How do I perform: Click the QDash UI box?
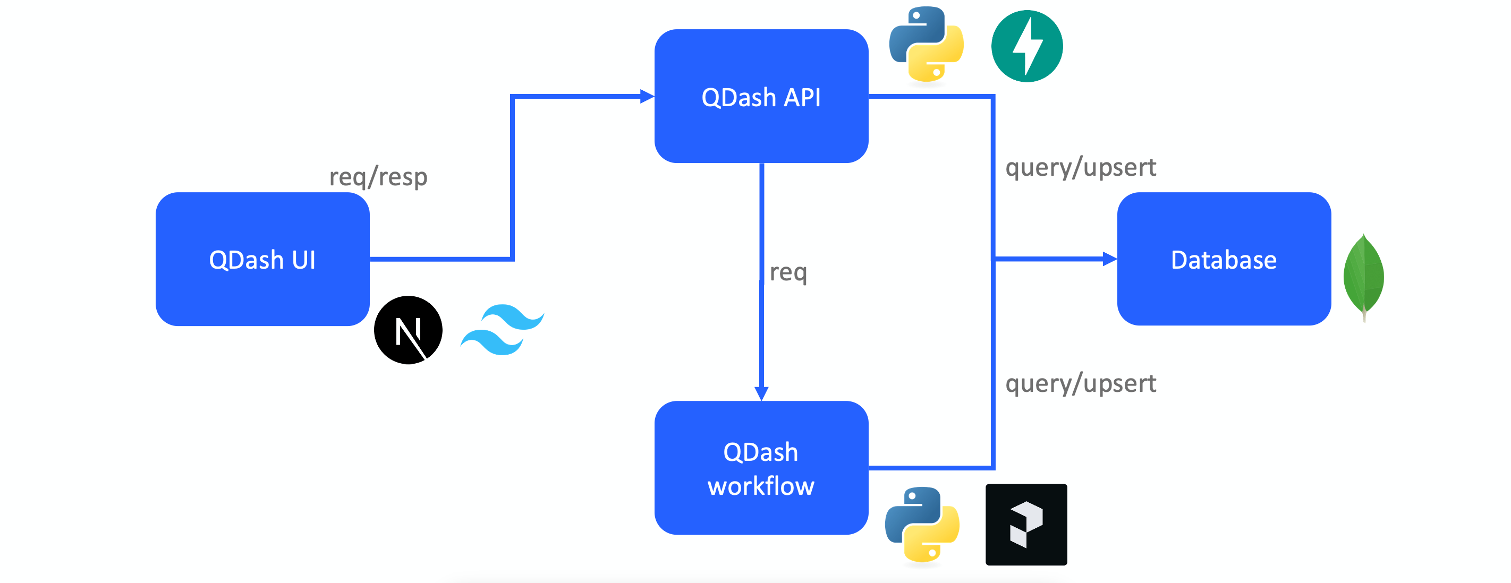coord(262,259)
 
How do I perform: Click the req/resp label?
coord(378,177)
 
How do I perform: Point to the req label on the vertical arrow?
coord(788,272)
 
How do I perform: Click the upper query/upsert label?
coord(1081,168)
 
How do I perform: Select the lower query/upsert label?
coord(1081,384)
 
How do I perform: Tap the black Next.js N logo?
coord(408,330)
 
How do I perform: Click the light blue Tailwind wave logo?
coord(503,330)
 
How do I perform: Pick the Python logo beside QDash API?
coord(926,45)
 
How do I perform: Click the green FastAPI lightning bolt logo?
coord(1026,46)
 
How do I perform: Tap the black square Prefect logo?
coord(1026,525)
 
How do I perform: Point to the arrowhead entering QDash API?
coord(647,97)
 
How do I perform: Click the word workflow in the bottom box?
coord(761,486)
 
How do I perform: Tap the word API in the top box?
coord(802,97)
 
